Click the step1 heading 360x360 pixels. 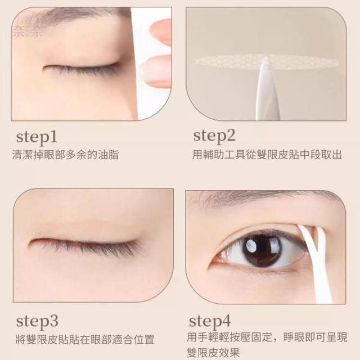[37, 137]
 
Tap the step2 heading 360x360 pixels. [214, 136]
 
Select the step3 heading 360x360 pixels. [37, 321]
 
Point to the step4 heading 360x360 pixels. [210, 321]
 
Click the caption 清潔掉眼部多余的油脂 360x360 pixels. [65, 155]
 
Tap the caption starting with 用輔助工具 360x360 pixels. [267, 155]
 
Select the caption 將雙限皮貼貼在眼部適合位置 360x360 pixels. [85, 340]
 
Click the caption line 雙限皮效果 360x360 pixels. [213, 353]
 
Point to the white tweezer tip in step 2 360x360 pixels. [266, 66]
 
